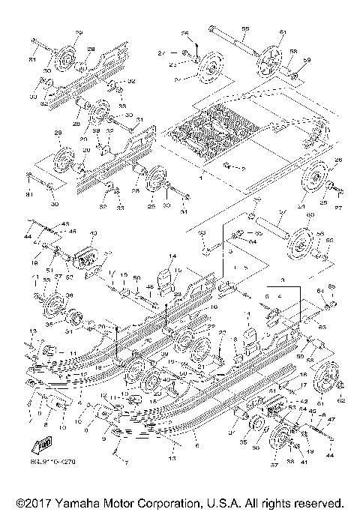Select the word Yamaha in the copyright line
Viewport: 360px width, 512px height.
(83, 502)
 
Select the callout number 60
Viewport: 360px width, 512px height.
(307, 215)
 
